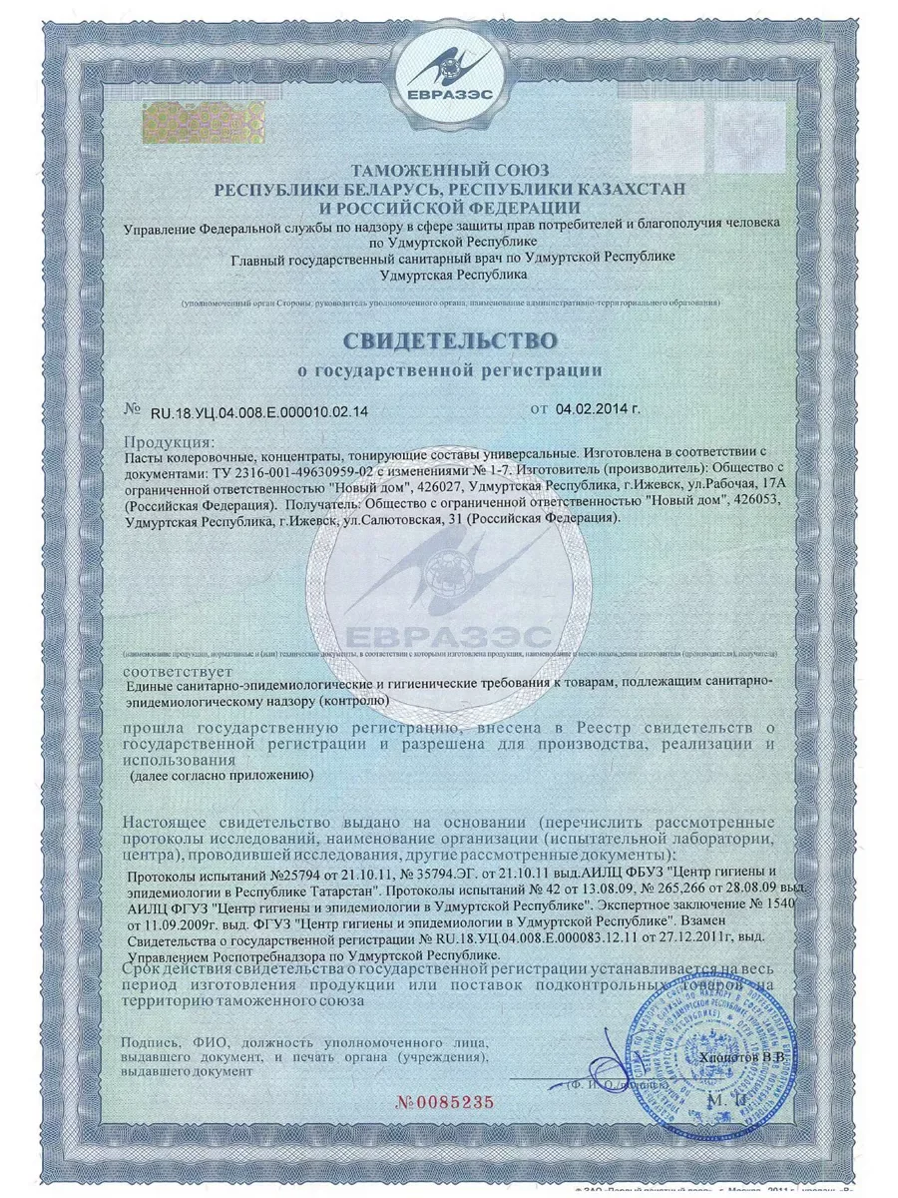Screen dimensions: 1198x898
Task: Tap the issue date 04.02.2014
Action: pyautogui.click(x=596, y=409)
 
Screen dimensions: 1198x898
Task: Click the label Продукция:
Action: pyautogui.click(x=170, y=440)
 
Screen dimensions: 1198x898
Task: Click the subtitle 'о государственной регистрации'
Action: pyautogui.click(x=451, y=370)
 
